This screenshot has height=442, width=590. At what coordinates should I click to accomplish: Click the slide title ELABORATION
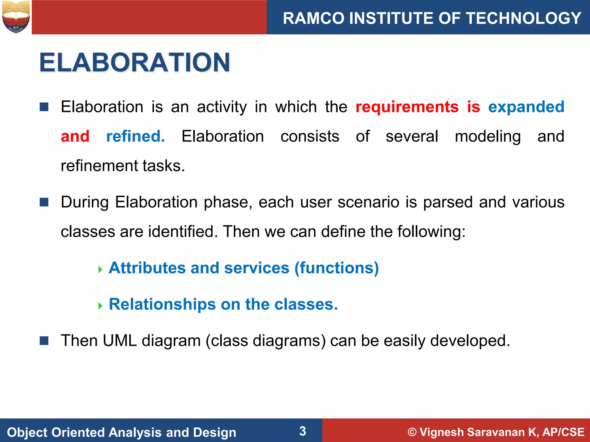(x=135, y=62)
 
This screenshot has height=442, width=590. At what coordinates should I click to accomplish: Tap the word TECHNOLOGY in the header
(x=524, y=18)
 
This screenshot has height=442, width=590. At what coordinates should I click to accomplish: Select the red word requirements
(x=407, y=107)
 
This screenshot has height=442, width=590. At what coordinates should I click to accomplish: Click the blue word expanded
(x=526, y=107)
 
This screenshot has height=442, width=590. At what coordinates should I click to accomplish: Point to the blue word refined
(x=135, y=136)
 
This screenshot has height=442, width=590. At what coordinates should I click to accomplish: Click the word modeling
(x=487, y=136)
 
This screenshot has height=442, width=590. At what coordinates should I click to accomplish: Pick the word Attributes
(x=147, y=268)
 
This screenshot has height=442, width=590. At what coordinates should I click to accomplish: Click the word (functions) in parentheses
(x=336, y=268)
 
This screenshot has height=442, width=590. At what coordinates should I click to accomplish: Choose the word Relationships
(x=162, y=304)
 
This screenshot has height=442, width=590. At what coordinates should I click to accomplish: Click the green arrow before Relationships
(x=100, y=306)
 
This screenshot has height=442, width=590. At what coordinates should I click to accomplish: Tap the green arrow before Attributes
(x=100, y=270)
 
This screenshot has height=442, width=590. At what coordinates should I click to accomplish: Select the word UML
(x=120, y=341)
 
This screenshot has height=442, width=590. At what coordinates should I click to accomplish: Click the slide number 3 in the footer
(x=302, y=431)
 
